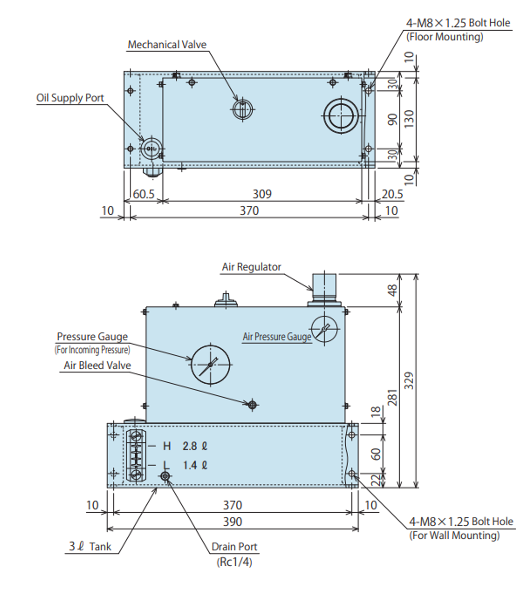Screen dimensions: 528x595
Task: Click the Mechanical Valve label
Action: tap(167, 45)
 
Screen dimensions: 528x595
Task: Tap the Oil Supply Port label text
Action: tap(70, 98)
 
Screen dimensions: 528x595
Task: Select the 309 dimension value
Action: tap(262, 194)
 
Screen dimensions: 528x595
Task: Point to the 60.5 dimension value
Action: tap(144, 194)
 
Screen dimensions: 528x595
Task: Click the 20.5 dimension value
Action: tap(392, 194)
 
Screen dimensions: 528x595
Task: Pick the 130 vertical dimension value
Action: tap(409, 119)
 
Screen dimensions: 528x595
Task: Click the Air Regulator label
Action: tap(251, 267)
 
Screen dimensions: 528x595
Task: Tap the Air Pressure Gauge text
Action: tap(277, 336)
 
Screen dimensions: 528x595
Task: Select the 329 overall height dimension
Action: tap(409, 380)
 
